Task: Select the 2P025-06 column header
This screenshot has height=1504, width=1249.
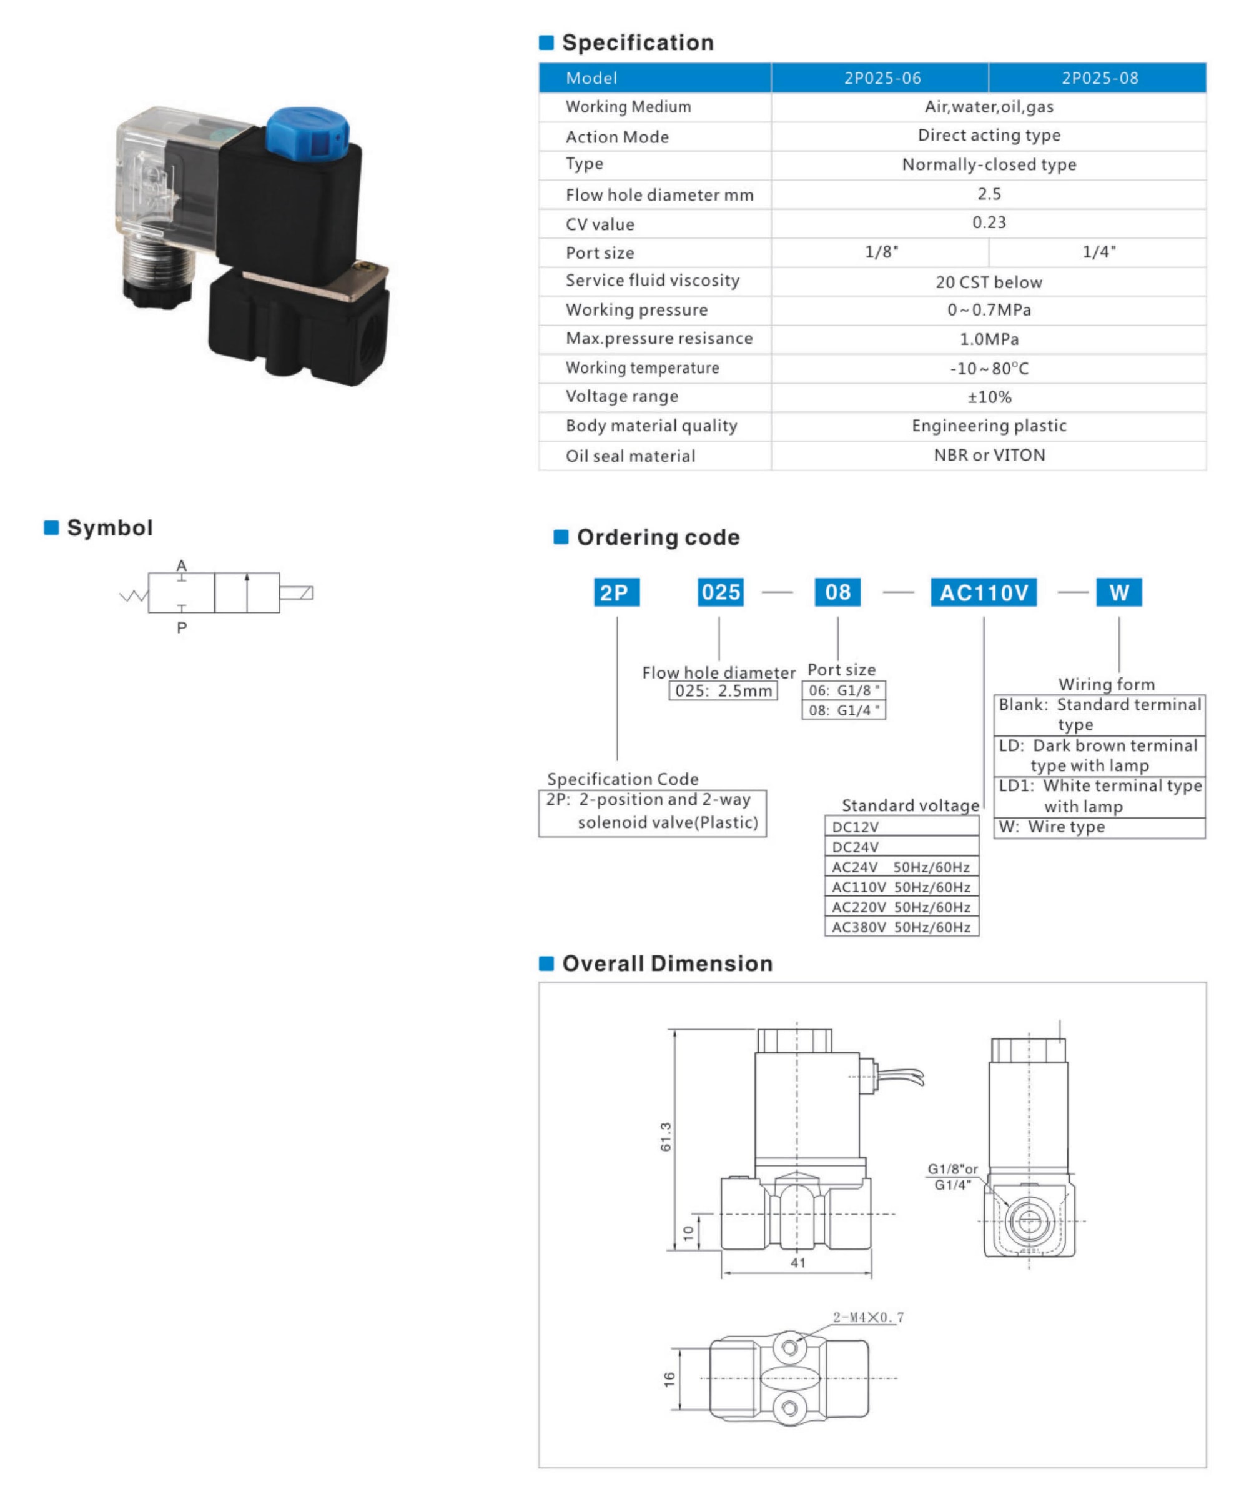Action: pyautogui.click(x=882, y=78)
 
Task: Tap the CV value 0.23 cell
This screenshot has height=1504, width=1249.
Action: pyautogui.click(x=989, y=222)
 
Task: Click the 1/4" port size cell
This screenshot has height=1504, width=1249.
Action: pyautogui.click(x=1098, y=252)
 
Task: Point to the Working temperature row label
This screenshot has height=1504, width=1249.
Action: pyautogui.click(x=642, y=368)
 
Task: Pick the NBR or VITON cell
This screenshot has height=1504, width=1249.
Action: pyautogui.click(x=989, y=455)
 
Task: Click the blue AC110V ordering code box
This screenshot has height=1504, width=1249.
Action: pyautogui.click(x=983, y=592)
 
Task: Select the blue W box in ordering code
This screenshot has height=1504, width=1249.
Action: pyautogui.click(x=1118, y=592)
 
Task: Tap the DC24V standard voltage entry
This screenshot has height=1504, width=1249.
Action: pyautogui.click(x=856, y=847)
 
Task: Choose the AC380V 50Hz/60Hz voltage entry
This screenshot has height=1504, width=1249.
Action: pyautogui.click(x=901, y=927)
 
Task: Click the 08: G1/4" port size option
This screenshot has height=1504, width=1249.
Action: pyautogui.click(x=843, y=710)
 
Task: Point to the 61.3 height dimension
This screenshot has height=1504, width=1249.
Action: pyautogui.click(x=666, y=1137)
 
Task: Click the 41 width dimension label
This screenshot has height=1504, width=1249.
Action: pyautogui.click(x=798, y=1263)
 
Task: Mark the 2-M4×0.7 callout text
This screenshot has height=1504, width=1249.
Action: pyautogui.click(x=868, y=1317)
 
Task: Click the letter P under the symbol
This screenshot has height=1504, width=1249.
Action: pyautogui.click(x=182, y=628)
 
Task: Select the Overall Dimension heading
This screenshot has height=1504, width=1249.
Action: pyautogui.click(x=667, y=964)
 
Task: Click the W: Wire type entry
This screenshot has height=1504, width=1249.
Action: pyautogui.click(x=1052, y=827)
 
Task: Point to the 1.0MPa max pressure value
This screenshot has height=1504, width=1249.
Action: pyautogui.click(x=989, y=339)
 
